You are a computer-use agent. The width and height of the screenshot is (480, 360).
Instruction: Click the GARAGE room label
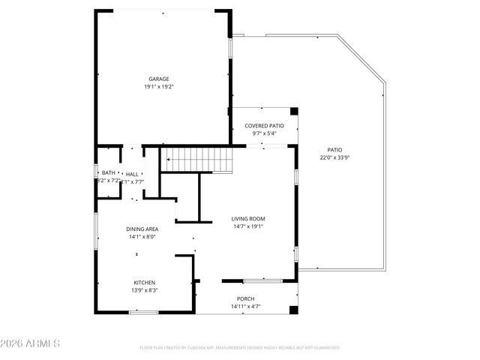[x=158, y=79]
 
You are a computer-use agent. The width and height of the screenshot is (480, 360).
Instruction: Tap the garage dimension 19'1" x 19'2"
[x=158, y=87]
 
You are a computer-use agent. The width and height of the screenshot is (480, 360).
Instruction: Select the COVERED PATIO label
[x=265, y=125]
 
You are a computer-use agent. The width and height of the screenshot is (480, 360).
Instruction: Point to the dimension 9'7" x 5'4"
[x=265, y=133]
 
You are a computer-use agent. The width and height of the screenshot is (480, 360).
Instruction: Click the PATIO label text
[x=334, y=149]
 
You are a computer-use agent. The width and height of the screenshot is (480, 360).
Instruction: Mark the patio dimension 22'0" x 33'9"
[x=334, y=157]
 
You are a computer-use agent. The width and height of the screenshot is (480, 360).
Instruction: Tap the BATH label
[x=109, y=172]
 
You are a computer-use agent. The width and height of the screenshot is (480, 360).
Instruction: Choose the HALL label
[x=132, y=173]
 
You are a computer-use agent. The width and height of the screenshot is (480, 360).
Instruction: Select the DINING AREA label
[x=141, y=229]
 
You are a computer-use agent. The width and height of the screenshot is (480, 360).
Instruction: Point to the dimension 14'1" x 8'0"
[x=141, y=237]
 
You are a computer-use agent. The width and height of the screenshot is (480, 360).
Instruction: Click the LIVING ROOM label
[x=248, y=219]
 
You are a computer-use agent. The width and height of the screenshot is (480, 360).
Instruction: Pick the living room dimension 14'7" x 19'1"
[x=248, y=227]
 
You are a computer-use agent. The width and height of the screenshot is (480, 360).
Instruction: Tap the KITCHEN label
[x=145, y=282]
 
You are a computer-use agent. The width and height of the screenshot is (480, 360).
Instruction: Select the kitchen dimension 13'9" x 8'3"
[x=145, y=290]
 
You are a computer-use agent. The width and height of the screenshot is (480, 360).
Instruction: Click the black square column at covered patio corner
[x=294, y=112]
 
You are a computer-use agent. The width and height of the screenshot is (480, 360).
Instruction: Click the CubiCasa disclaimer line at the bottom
[x=240, y=348]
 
